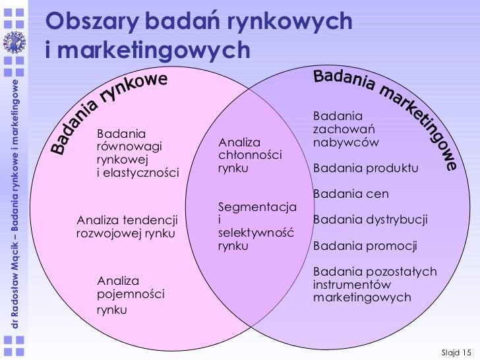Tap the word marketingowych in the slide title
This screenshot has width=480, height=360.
point(154,50)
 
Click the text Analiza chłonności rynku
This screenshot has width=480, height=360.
point(250,155)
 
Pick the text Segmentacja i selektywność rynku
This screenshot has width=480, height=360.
point(257,227)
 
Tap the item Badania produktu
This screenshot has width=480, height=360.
point(365,168)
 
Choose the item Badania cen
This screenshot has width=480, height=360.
point(351,194)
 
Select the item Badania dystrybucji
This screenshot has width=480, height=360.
point(370,220)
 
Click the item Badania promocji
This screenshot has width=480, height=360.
point(365,246)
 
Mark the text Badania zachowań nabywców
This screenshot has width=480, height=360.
point(346,129)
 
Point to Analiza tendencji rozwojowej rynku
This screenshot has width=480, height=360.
point(127,227)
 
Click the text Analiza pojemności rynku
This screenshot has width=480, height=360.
point(131,295)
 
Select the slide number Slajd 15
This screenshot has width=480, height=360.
point(456,353)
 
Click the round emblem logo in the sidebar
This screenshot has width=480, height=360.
point(14,42)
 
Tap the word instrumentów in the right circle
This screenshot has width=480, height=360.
point(351,285)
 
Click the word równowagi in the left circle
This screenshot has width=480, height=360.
point(129,146)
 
